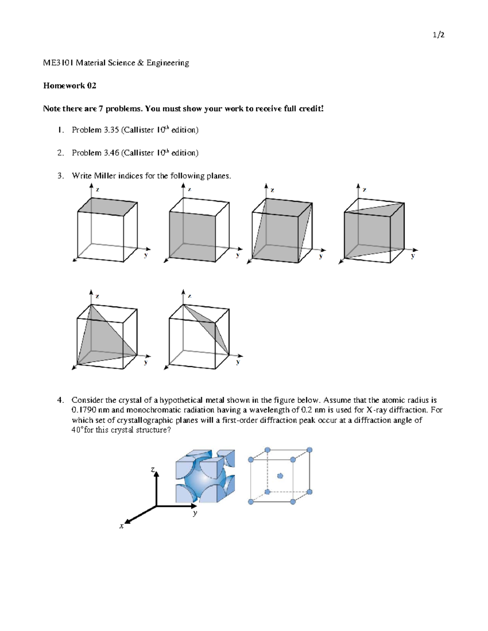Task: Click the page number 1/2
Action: [438, 35]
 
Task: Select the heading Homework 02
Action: [70, 86]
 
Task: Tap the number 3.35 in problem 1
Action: [111, 130]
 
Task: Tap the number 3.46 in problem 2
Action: [111, 153]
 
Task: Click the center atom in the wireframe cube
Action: [280, 476]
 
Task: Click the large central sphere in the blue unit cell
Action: [203, 479]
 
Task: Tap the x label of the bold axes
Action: [121, 526]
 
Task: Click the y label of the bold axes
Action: [195, 513]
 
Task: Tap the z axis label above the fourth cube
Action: [364, 190]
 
